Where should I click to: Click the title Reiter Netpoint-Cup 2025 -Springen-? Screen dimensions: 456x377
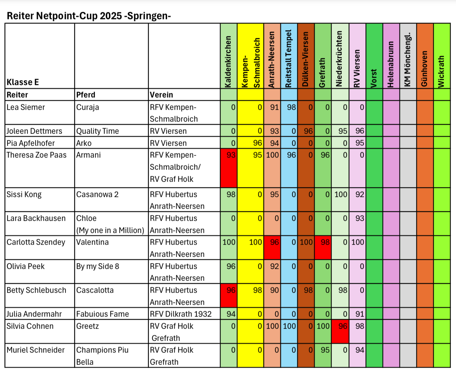coord(89,16)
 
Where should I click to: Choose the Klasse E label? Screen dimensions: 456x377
coord(23,82)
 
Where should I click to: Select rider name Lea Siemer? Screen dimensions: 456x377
coord(25,107)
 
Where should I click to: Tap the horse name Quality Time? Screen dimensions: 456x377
coord(97,131)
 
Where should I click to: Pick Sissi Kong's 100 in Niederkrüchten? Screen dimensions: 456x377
coord(341,194)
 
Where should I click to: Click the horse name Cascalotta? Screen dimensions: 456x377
coord(95,290)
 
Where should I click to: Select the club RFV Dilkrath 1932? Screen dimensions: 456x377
coord(181,314)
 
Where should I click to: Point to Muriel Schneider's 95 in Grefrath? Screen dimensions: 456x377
coord(325,350)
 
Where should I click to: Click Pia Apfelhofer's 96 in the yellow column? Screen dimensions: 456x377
coord(257,143)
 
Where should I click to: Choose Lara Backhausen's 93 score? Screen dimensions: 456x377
coord(360,218)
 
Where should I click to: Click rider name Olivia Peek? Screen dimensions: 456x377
coord(25,266)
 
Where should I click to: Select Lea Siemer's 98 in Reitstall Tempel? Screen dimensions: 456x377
coord(291,107)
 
